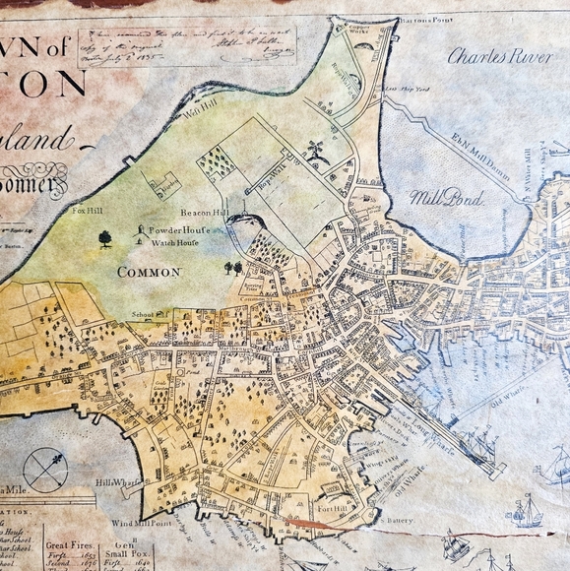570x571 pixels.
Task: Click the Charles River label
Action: coord(498,56)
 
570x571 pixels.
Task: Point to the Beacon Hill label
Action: coord(204,212)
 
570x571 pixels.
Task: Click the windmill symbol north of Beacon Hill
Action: coord(315,151)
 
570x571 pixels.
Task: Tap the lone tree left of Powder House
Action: coord(105,237)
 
